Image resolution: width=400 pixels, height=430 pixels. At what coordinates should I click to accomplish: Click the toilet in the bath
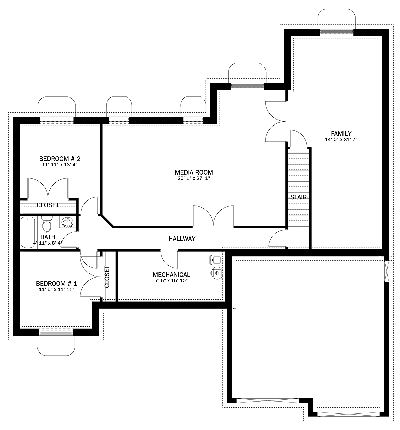pos(47,224)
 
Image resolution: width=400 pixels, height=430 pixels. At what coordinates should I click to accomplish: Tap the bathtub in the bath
pos(28,232)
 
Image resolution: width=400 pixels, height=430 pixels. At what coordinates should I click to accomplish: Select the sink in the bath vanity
pos(68,222)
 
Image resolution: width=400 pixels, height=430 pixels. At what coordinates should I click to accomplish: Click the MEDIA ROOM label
pos(194,172)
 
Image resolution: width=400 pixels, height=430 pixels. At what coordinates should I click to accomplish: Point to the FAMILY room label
pos(341,134)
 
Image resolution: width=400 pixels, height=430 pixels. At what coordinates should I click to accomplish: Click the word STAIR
pos(298,197)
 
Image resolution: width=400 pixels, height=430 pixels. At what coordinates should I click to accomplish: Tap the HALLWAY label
pos(182,239)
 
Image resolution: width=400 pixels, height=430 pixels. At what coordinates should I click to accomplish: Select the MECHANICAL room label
pos(171,275)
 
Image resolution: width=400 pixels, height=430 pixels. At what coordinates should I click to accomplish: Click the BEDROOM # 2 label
pos(60,159)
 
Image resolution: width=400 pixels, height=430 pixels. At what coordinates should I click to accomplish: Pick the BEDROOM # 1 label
pos(57,283)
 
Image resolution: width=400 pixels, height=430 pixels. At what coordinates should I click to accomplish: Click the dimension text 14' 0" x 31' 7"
pos(341,140)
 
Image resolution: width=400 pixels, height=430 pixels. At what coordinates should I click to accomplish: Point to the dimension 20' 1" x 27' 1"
pos(194,178)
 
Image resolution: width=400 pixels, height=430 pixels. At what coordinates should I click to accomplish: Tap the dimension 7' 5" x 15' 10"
pos(171,281)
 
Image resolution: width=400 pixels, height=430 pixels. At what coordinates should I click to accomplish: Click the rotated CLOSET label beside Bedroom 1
pos(107,277)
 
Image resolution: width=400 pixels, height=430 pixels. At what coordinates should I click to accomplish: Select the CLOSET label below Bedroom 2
pos(48,205)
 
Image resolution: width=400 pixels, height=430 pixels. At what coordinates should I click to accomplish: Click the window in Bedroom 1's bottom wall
pos(56,333)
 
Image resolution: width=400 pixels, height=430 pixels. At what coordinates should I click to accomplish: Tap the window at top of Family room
pos(337,32)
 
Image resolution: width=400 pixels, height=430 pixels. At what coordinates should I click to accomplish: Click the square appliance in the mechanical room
pos(216,260)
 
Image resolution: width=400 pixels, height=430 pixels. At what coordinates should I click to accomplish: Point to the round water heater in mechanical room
pos(217,273)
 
